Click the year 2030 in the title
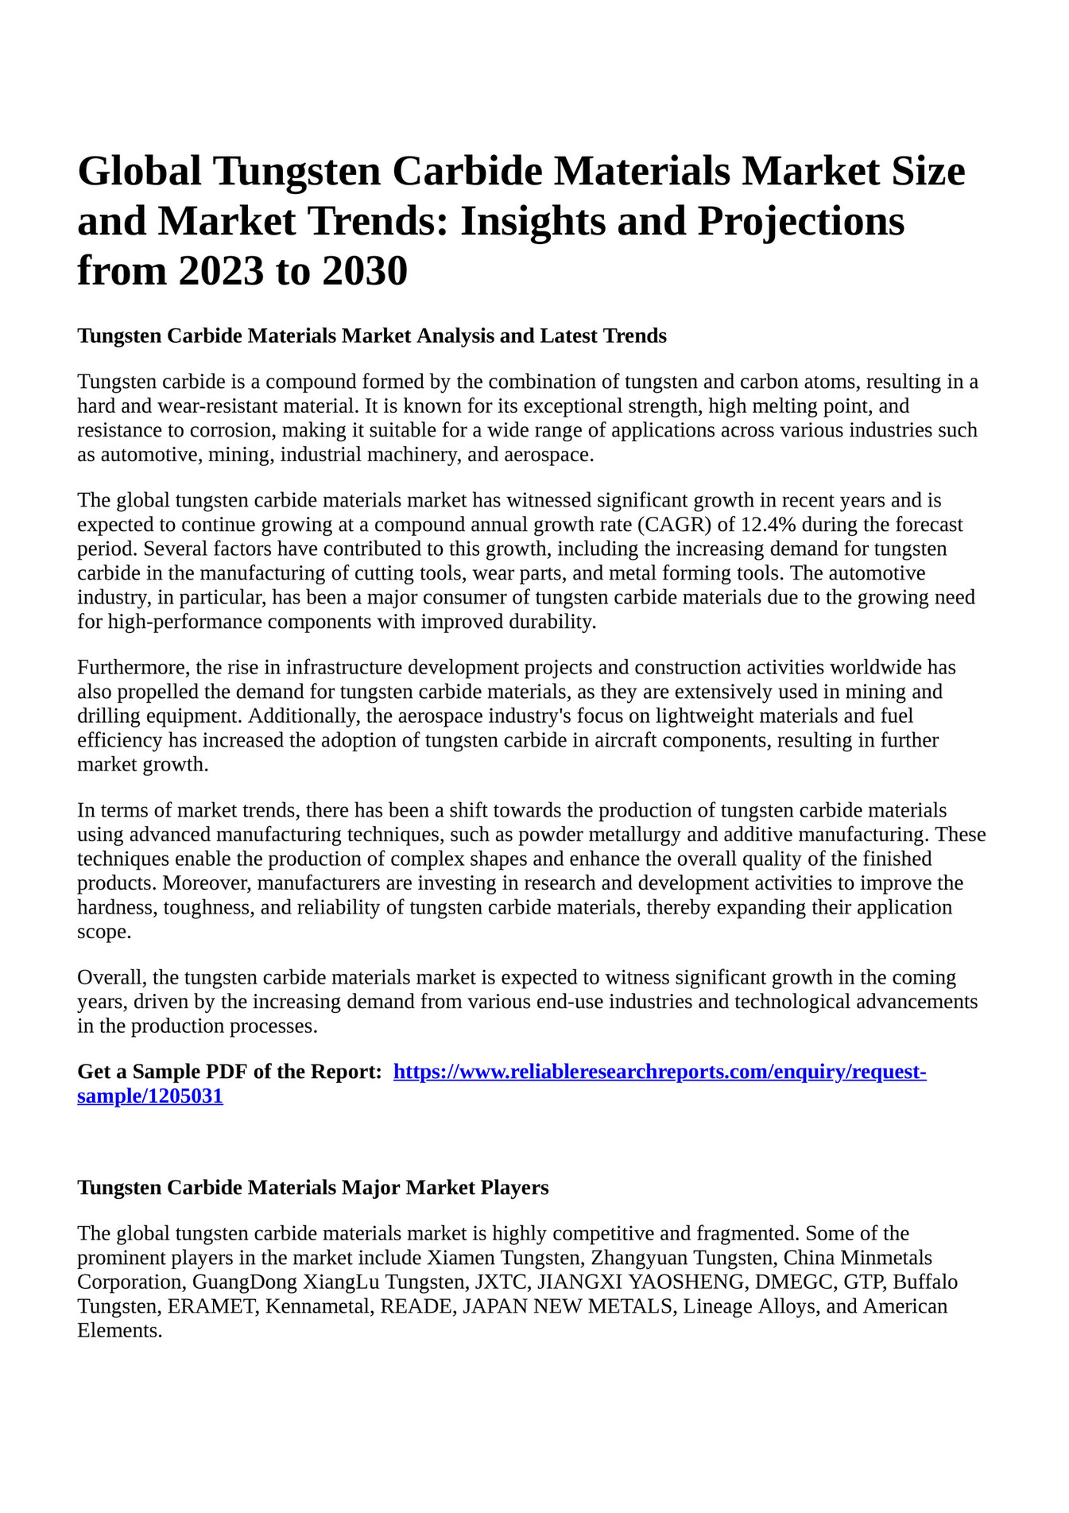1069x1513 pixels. click(365, 270)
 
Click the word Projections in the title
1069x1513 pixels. click(800, 221)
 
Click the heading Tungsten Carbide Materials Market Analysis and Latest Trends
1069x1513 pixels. click(371, 336)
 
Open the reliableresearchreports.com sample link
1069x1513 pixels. click(660, 1072)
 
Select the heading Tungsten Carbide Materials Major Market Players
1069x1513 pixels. click(312, 1187)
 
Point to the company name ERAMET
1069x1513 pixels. click(212, 1306)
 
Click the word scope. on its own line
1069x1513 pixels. click(103, 932)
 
